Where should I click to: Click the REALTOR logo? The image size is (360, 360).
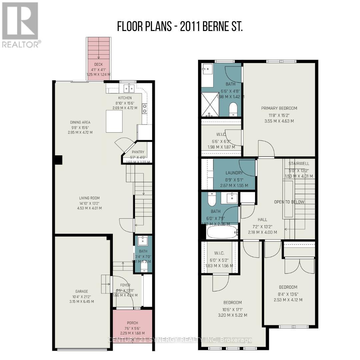(20, 25)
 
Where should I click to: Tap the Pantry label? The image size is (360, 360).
(138, 152)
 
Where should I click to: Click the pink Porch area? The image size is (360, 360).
(132, 330)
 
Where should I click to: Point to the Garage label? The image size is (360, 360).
(82, 291)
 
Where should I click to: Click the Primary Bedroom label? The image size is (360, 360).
(279, 108)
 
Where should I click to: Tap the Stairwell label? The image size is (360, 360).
(299, 164)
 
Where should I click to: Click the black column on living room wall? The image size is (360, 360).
(58, 160)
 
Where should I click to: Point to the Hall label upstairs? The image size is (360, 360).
(262, 220)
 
